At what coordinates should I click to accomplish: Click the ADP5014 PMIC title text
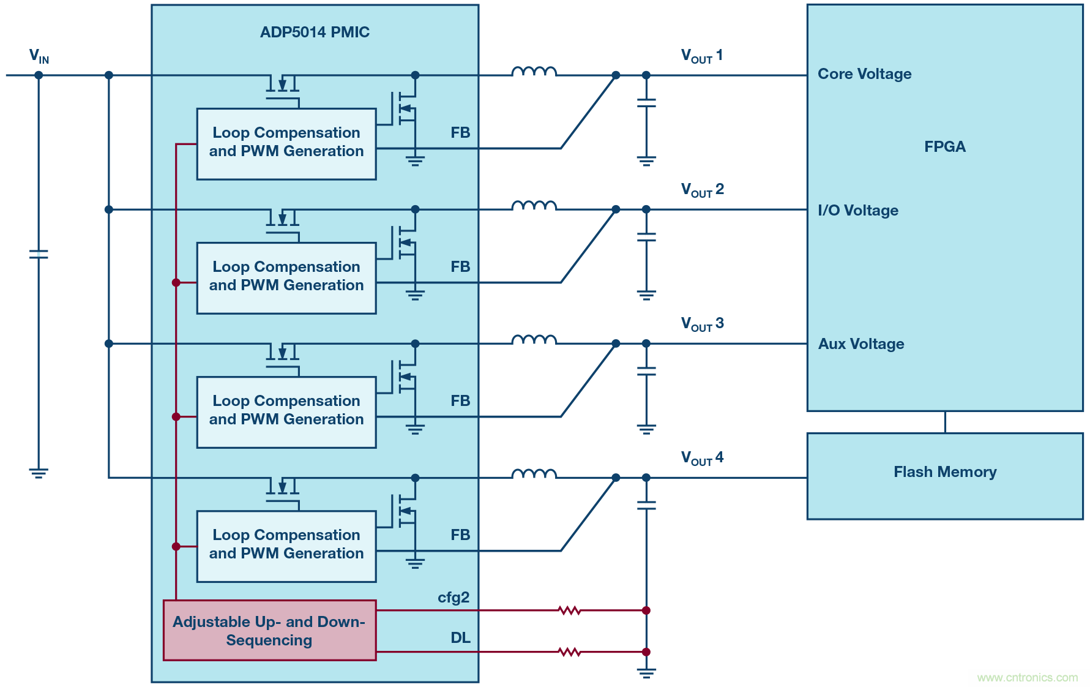pos(315,32)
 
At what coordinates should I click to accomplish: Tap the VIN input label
pos(39,56)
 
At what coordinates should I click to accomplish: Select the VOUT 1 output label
pos(702,56)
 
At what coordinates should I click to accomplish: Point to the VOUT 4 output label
pos(702,458)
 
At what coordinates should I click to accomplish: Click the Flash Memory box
pos(944,476)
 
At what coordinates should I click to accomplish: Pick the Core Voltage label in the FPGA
pos(864,74)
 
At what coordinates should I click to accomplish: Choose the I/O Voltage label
pos(858,211)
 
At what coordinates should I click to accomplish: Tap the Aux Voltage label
pos(861,344)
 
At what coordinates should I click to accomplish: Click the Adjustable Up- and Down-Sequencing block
pos(269,631)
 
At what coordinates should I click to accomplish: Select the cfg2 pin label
pos(454,598)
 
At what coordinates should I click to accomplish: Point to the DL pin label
pos(460,638)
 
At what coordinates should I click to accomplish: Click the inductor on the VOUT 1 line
pos(534,72)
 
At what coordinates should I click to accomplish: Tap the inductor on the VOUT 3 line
pos(534,340)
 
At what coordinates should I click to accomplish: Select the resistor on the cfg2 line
pos(569,610)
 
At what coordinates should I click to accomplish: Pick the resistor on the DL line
pos(569,652)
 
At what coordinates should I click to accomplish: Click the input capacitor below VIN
pos(39,254)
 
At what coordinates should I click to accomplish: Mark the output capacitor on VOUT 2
pos(646,237)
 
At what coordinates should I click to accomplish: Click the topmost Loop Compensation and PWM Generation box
pos(286,144)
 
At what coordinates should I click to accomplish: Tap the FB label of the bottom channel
pos(460,535)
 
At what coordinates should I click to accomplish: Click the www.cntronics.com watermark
pos(1027,678)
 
